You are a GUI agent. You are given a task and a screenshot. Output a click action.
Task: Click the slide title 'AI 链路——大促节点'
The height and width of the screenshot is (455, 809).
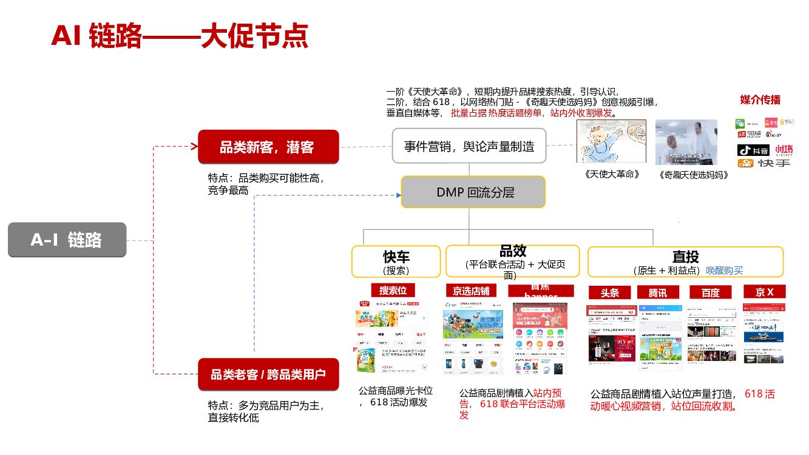click(180, 36)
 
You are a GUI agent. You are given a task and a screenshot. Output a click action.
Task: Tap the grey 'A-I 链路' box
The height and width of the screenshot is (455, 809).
click(67, 240)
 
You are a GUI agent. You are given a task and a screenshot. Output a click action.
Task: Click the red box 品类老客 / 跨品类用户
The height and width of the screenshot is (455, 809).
click(268, 374)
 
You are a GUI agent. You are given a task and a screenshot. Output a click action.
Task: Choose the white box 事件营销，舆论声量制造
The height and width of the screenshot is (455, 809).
click(469, 146)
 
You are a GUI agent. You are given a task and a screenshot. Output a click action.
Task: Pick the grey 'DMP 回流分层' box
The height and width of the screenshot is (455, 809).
click(473, 192)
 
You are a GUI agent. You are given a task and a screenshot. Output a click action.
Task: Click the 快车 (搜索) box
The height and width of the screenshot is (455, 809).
click(396, 261)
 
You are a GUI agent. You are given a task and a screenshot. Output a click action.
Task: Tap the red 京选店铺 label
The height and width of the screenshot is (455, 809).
click(470, 291)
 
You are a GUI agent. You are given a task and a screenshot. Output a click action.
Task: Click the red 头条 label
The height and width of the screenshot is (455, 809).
click(610, 292)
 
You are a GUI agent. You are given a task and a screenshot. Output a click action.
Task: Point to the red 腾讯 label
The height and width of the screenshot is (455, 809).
click(658, 292)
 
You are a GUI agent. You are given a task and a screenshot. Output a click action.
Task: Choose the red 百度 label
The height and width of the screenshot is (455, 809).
click(710, 292)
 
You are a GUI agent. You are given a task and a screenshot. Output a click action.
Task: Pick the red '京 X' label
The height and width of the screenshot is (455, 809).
click(764, 292)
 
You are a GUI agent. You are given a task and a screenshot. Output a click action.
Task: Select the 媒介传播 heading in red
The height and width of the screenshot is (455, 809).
click(760, 100)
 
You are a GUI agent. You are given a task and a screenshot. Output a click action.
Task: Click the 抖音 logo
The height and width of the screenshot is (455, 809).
click(753, 150)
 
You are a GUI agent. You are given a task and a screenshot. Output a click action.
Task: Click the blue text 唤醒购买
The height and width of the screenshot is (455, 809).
click(724, 271)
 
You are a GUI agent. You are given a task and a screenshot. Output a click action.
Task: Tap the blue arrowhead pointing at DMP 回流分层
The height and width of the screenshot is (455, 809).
click(398, 195)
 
